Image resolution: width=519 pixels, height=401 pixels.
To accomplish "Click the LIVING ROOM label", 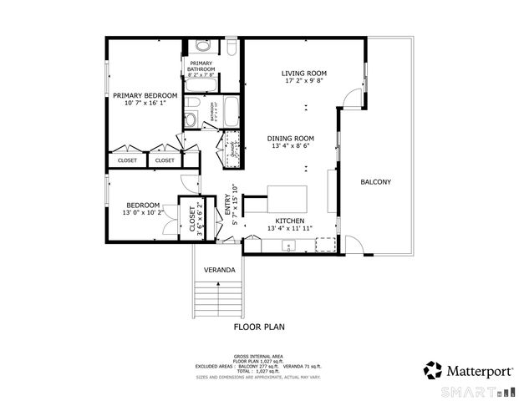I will (303, 74).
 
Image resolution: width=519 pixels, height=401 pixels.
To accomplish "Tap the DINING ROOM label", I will (290, 138).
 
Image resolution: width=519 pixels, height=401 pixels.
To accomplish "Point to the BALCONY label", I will (375, 182).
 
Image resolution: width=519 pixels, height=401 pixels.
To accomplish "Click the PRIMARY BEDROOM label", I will (145, 96).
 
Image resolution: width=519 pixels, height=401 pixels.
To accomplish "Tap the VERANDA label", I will (219, 270).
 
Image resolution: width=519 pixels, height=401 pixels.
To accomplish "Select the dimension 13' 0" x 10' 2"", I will (143, 213).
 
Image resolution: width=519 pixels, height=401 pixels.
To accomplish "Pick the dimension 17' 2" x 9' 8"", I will (303, 82).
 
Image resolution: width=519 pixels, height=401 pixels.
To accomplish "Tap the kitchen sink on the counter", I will (288, 245).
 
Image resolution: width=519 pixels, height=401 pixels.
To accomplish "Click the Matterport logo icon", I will (433, 369).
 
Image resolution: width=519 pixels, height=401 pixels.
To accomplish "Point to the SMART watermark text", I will (474, 391).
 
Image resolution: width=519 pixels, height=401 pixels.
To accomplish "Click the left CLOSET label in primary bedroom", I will (127, 160).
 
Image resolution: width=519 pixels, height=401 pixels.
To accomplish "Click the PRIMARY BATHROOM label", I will (202, 66).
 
